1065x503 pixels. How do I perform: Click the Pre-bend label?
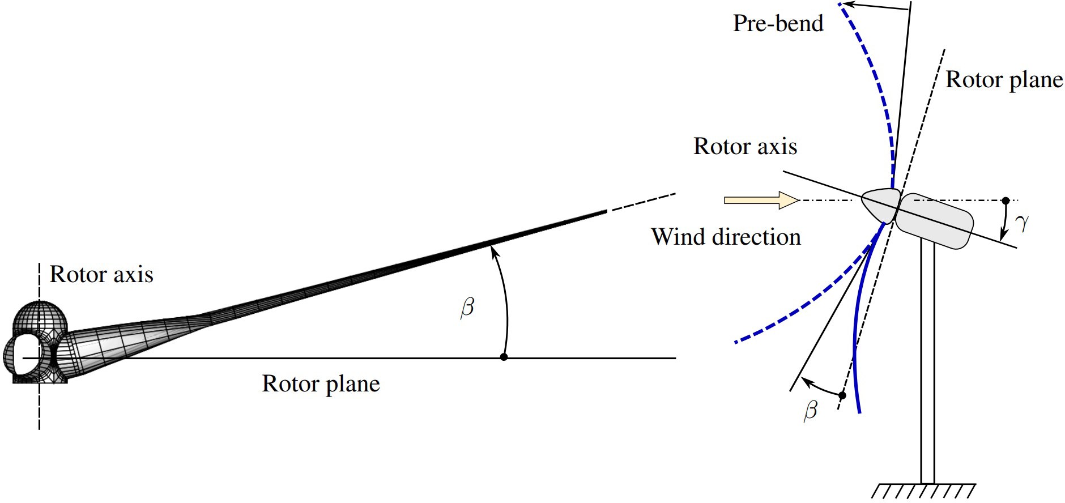778,24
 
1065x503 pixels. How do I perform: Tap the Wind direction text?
726,237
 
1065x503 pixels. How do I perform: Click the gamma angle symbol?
1021,223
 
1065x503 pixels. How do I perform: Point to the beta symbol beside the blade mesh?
467,308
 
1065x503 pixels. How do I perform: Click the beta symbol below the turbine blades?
811,409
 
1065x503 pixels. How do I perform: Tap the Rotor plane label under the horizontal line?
321,384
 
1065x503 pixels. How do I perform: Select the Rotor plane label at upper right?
1004,80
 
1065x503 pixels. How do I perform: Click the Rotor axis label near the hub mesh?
101,275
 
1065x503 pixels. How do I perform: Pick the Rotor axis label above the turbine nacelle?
745,147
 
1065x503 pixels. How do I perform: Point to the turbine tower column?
927,363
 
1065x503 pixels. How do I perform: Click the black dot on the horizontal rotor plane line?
504,357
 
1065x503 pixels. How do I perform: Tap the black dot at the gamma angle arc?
1006,201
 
